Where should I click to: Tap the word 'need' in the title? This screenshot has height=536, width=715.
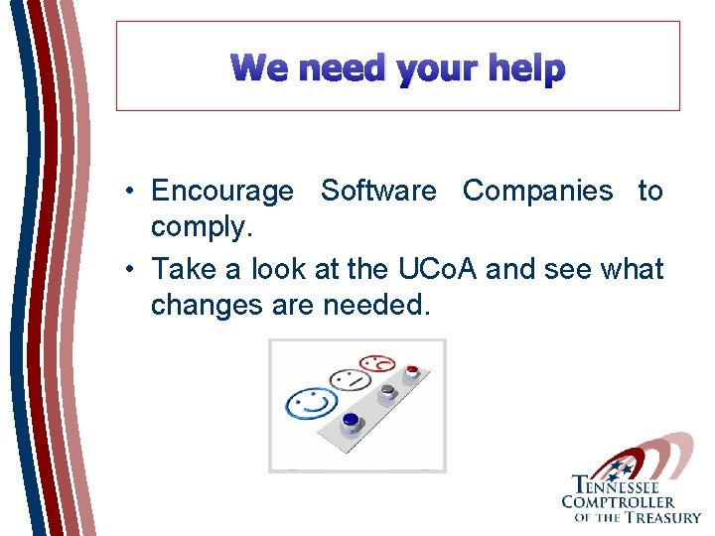click(341, 68)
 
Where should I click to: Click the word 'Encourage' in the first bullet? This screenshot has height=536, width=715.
click(221, 191)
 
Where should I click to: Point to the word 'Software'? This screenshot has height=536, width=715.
click(378, 191)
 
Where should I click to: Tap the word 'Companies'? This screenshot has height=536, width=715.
click(537, 191)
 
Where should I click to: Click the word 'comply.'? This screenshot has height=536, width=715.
click(202, 228)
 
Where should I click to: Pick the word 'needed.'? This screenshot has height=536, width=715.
click(377, 306)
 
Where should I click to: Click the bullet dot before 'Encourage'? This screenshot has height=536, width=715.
click(130, 192)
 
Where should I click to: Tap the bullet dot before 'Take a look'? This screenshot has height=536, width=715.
click(130, 269)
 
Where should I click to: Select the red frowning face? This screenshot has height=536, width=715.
click(377, 363)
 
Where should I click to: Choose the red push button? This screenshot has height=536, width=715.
click(412, 371)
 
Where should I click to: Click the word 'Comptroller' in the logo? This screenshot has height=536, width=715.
click(618, 501)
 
